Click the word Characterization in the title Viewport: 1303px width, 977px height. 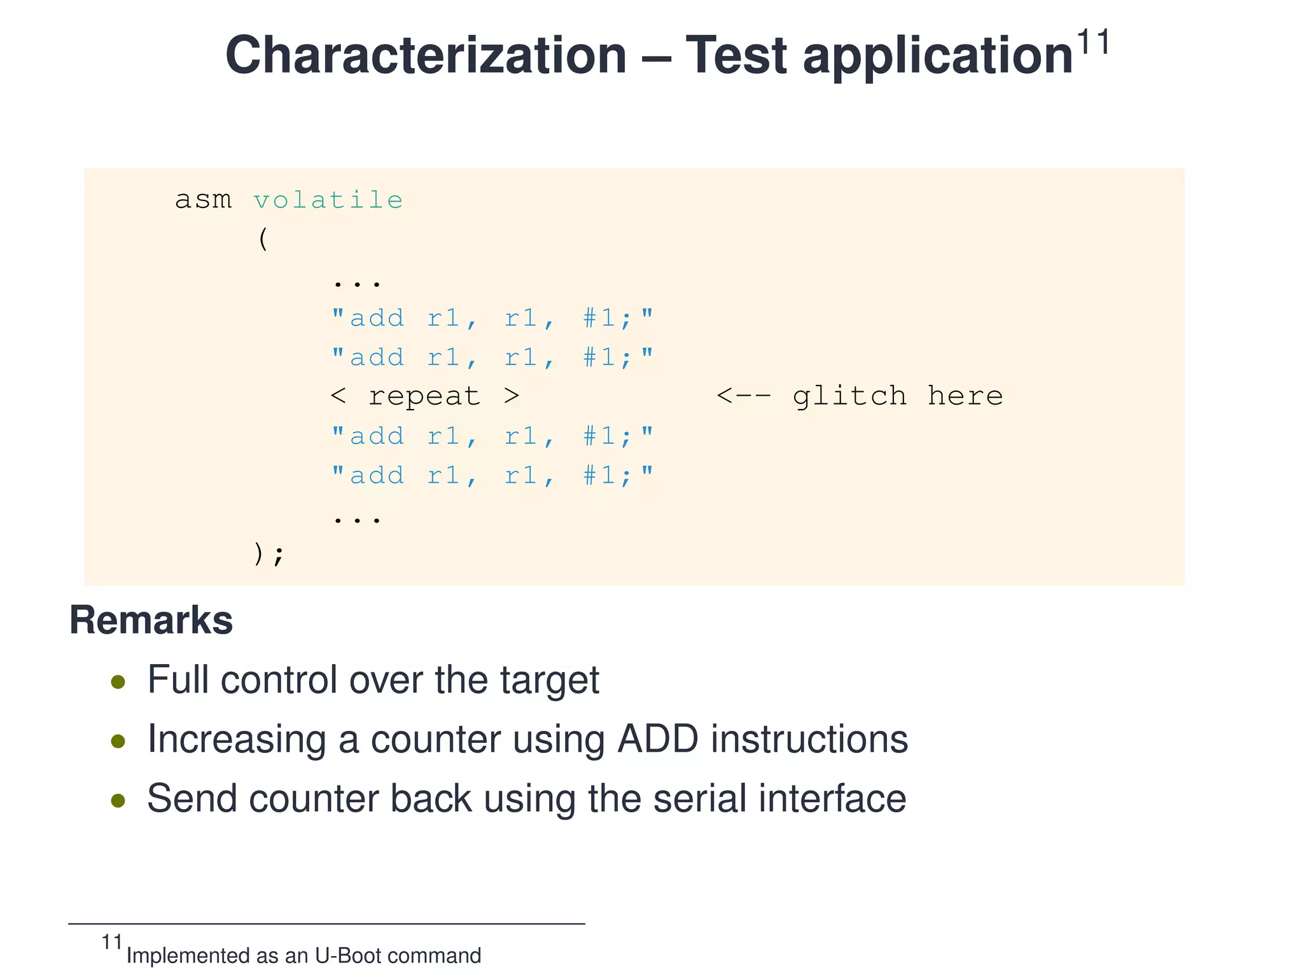[426, 55]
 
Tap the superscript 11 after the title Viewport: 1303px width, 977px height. [1092, 43]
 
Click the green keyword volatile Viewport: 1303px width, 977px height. [328, 200]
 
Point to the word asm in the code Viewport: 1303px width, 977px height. [203, 200]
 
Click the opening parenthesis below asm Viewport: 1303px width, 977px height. [263, 240]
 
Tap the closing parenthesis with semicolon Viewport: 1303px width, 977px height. [268, 553]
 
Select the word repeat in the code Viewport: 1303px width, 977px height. [424, 396]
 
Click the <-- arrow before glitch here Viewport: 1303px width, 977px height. [743, 396]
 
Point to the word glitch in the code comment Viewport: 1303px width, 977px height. [849, 396]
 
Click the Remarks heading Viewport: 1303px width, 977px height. [151, 620]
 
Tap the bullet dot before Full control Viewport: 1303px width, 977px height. [118, 683]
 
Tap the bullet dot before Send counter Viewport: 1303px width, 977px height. [118, 800]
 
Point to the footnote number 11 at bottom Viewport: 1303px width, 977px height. [112, 942]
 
